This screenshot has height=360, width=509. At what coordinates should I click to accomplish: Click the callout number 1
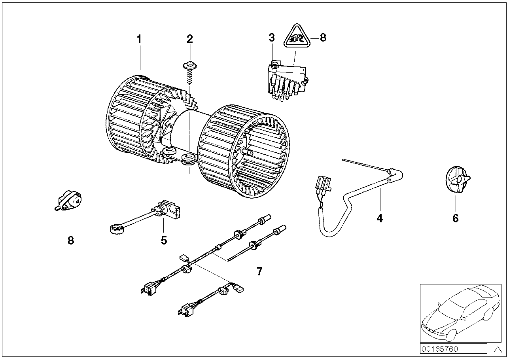[139, 39]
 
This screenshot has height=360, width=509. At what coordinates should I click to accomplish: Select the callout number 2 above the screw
[190, 39]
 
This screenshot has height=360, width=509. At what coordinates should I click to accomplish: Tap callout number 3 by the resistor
[271, 38]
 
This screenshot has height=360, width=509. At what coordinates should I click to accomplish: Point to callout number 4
[380, 218]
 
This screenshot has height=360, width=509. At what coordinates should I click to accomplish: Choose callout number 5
[164, 240]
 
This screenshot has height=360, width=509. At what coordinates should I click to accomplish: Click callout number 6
[455, 218]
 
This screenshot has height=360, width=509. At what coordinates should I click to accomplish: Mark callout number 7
[259, 271]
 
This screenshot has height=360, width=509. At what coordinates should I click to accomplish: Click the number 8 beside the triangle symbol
[323, 38]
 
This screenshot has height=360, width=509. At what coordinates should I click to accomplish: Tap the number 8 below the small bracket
[71, 240]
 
